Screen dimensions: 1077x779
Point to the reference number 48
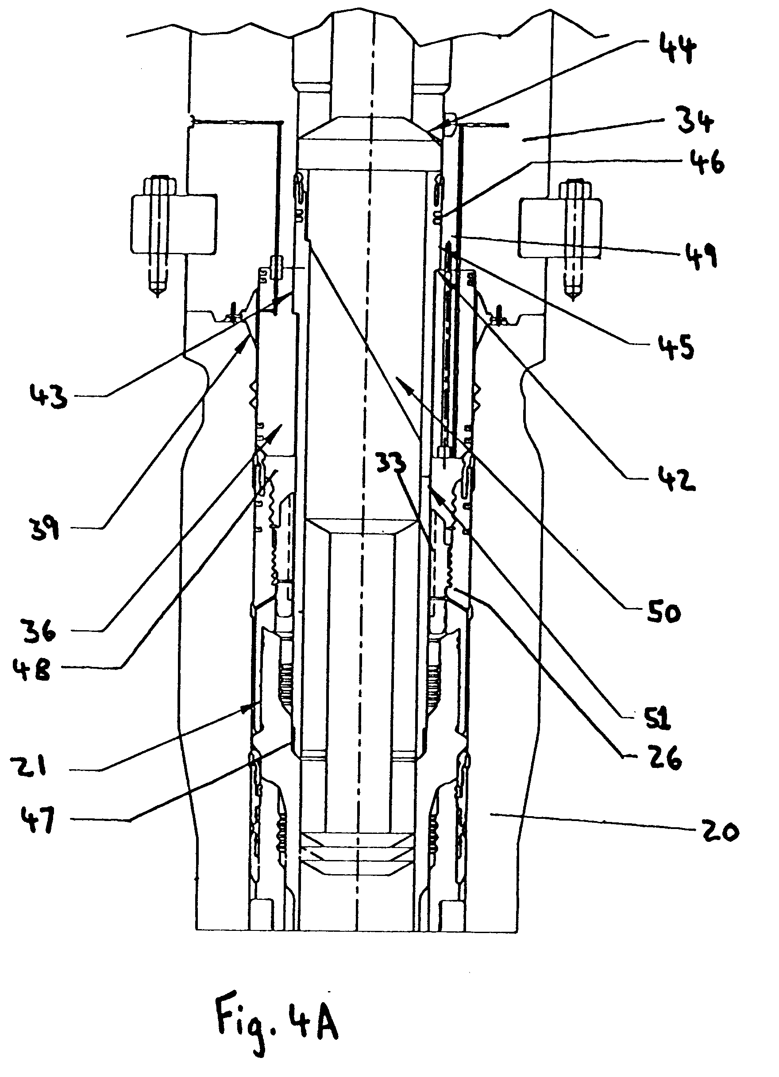32,668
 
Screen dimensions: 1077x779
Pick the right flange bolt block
561,228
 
